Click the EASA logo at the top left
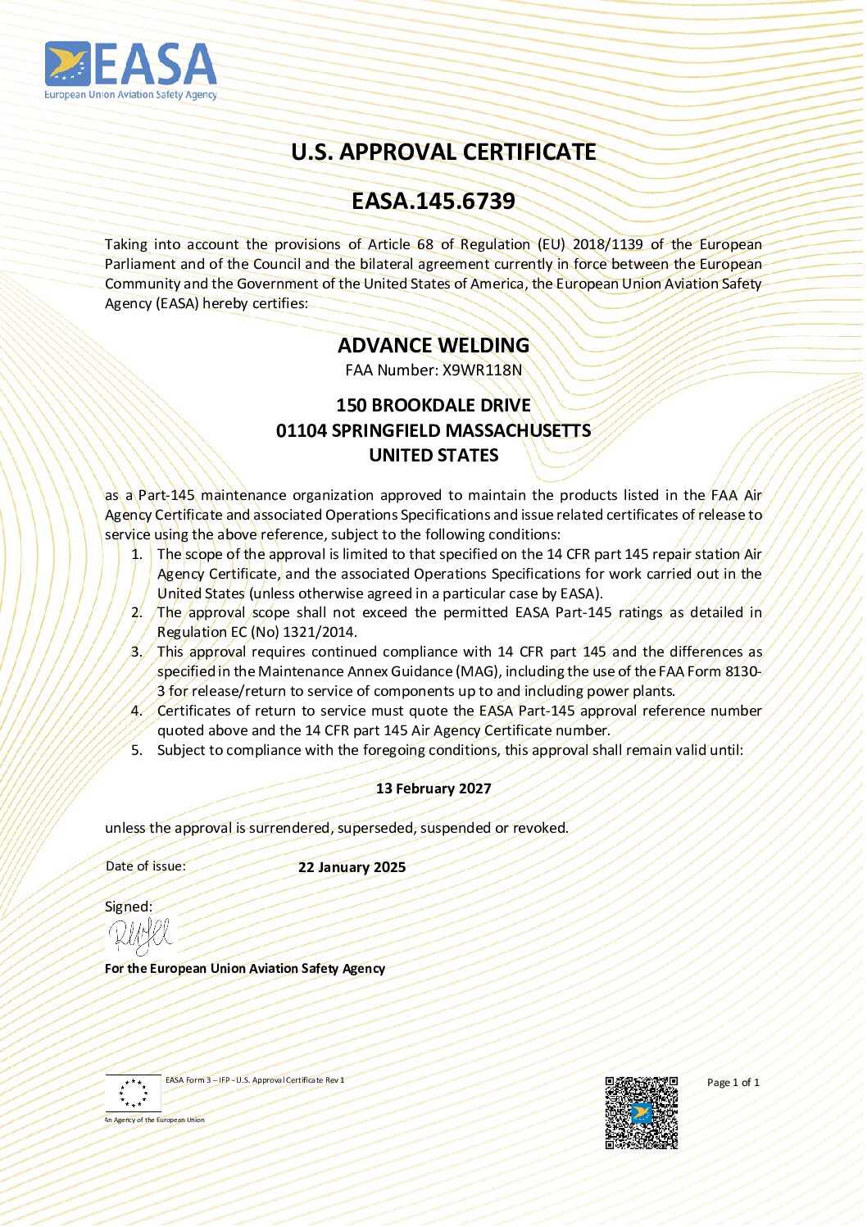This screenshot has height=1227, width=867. pos(130,70)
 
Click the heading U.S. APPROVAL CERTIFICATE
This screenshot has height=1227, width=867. pos(443,152)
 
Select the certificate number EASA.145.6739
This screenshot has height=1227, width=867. pos(433,201)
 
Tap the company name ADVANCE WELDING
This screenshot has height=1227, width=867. pos(433,345)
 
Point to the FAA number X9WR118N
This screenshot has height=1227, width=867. pos(482,370)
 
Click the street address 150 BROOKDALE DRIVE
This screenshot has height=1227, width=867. pos(433,405)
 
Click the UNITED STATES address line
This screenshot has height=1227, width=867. pos(433,456)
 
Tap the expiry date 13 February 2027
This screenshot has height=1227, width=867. pos(433,788)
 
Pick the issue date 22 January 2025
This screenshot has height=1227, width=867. pos(352,867)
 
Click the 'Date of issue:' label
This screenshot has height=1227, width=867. pos(146,866)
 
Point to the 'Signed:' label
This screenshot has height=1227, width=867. pos(129,907)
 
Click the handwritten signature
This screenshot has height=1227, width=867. pos(140,935)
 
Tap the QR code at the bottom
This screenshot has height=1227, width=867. pos(641,1112)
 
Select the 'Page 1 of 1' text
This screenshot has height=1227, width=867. pos(733,1083)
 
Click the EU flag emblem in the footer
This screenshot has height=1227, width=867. pos(134,1093)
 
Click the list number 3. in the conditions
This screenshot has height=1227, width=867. pos(136,652)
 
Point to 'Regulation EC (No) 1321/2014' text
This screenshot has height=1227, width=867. pos(256,632)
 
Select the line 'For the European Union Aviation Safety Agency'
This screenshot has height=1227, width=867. pos(245,968)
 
